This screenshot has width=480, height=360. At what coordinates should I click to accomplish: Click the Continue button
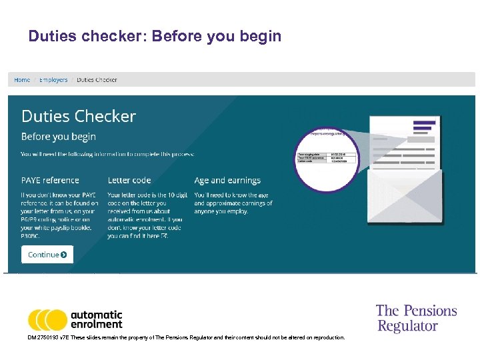47,254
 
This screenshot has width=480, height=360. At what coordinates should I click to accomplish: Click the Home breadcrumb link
22,80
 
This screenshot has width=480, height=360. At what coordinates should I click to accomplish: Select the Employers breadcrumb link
53,80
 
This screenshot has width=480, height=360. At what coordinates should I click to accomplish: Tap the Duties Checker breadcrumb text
97,80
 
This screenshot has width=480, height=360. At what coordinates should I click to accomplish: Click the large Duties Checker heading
79,116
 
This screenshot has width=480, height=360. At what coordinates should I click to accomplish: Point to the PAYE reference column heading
50,180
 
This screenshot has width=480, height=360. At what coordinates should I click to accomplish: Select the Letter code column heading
129,180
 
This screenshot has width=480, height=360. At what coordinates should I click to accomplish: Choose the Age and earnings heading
227,180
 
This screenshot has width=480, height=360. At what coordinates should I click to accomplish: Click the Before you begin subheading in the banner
59,137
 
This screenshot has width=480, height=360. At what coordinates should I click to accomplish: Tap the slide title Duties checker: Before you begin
155,36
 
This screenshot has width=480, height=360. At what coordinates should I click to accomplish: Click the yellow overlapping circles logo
47,320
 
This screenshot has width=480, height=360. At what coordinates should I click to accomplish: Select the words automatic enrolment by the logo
97,319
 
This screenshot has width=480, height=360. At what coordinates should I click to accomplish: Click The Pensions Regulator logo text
416,318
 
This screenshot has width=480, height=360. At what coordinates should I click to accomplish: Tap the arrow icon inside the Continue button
64,254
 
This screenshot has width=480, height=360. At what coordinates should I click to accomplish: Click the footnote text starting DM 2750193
187,338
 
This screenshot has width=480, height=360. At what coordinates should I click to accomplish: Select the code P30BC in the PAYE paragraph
31,235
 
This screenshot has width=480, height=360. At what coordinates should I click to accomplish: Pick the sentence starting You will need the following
108,154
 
